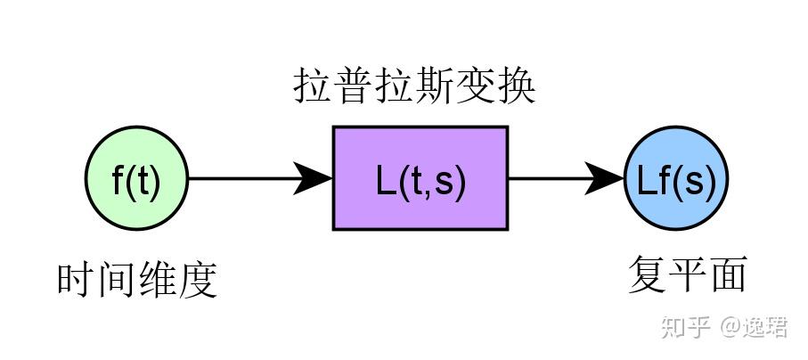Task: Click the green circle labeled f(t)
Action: tap(136, 179)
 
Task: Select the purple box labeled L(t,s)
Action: tap(420, 178)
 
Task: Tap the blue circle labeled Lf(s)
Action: tap(676, 179)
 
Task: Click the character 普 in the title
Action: tap(353, 88)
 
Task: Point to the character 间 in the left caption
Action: tap(117, 280)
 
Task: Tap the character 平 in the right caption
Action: tap(687, 274)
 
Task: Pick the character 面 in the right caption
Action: tap(727, 274)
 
